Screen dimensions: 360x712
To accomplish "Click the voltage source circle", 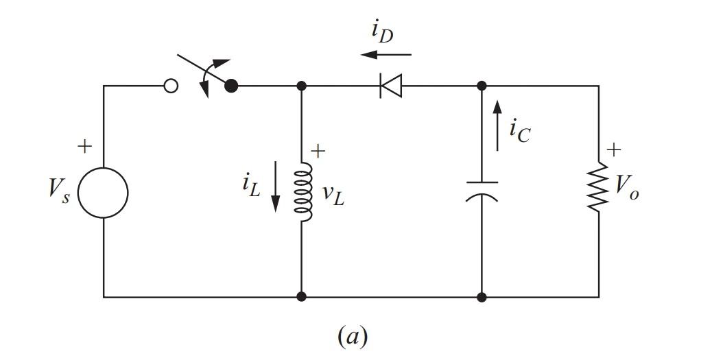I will (x=103, y=193).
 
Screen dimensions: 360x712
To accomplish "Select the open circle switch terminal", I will (x=171, y=86).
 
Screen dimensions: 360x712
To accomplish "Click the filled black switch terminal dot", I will (x=232, y=86).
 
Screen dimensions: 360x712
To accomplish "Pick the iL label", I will (x=251, y=184).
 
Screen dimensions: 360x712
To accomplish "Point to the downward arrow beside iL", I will (x=276, y=186).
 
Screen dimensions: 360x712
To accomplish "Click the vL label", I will (x=333, y=195).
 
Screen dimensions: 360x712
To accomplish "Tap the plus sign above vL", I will (x=318, y=152).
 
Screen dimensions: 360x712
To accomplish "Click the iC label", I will (x=519, y=130).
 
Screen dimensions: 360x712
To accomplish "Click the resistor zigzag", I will (x=599, y=187).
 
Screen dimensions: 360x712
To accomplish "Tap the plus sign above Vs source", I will (x=84, y=146).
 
